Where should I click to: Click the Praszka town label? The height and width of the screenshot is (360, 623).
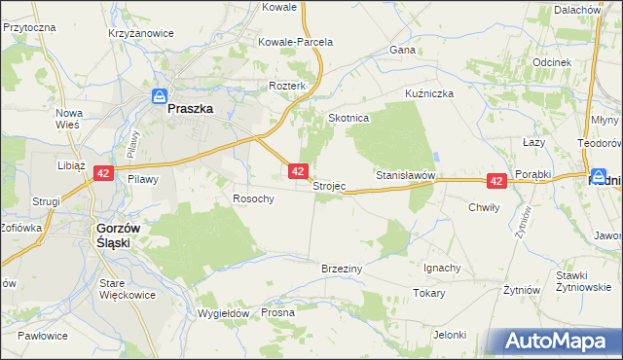pyautogui.click(x=190, y=110)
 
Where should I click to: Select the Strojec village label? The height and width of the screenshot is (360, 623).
pyautogui.click(x=329, y=186)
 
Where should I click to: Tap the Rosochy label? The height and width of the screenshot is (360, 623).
pyautogui.click(x=253, y=198)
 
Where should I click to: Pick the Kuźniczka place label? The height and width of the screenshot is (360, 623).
pyautogui.click(x=430, y=93)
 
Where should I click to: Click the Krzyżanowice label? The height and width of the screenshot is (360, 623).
pyautogui.click(x=142, y=33)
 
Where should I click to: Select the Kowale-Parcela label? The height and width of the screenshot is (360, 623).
pyautogui.click(x=295, y=43)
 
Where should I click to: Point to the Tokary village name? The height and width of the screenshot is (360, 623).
pyautogui.click(x=428, y=293)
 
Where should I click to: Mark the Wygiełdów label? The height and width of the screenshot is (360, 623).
pyautogui.click(x=224, y=313)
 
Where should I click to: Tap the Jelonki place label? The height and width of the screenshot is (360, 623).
pyautogui.click(x=451, y=335)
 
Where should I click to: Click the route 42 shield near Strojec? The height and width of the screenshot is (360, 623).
pyautogui.click(x=299, y=170)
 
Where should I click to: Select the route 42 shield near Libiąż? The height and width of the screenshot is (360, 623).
pyautogui.click(x=104, y=173)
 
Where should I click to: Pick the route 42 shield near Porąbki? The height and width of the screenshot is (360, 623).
pyautogui.click(x=496, y=181)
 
